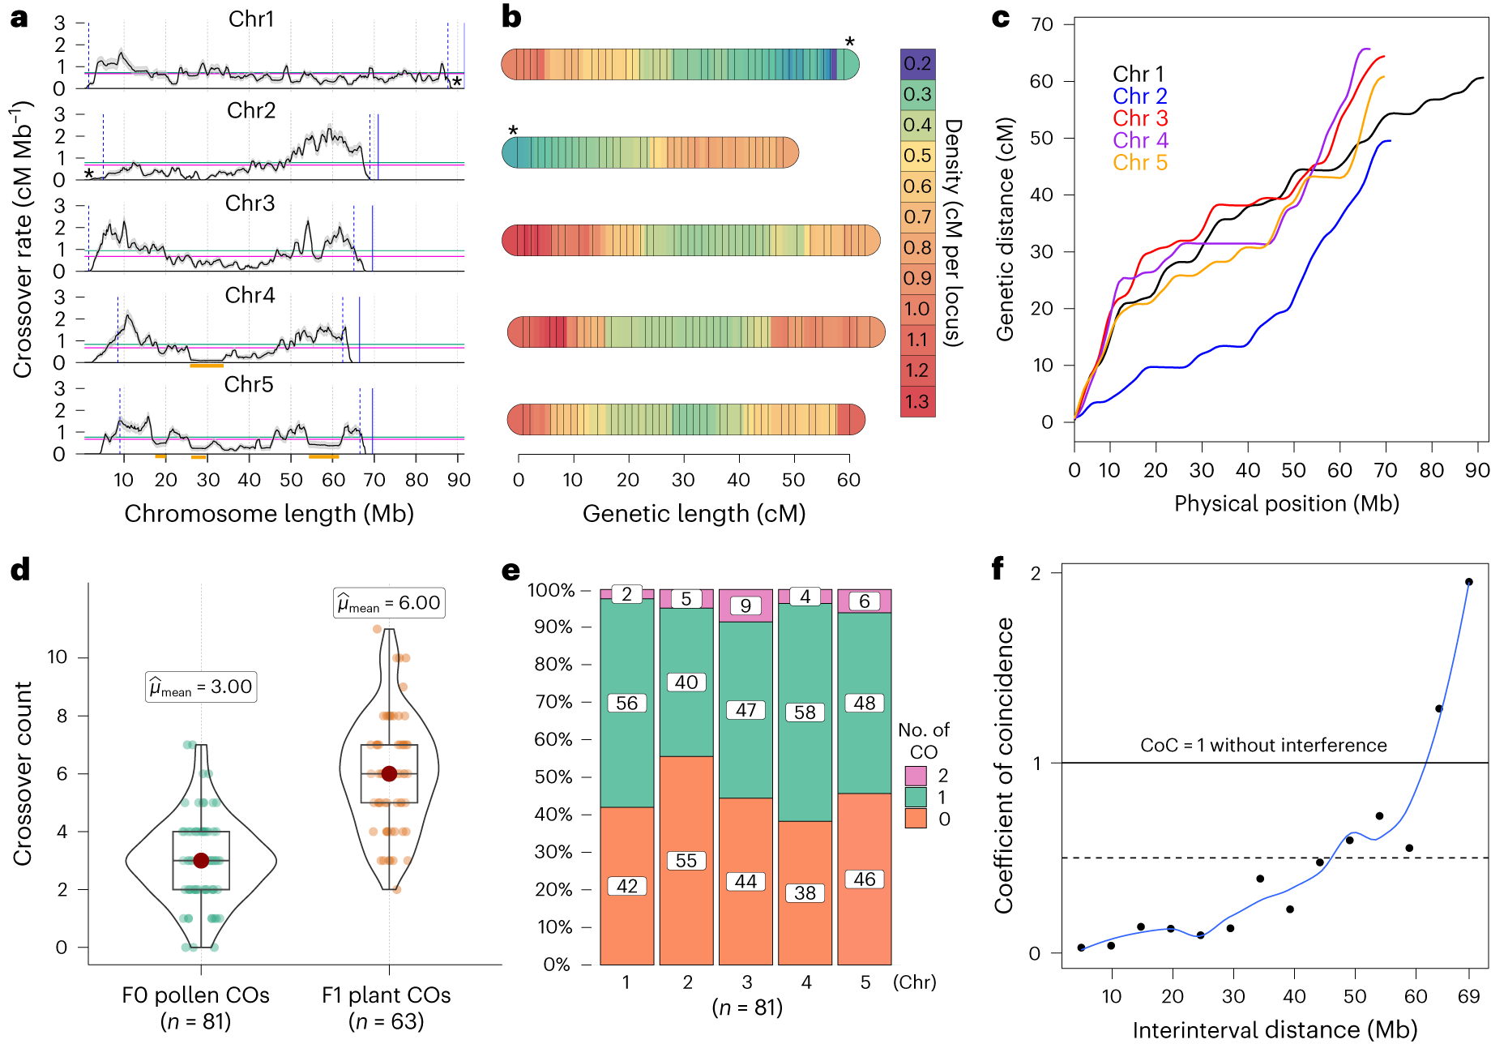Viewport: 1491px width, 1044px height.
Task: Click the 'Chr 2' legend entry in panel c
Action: click(1139, 96)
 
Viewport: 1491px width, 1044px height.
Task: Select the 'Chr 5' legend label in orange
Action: click(1139, 163)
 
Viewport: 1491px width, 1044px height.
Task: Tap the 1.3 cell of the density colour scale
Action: click(917, 402)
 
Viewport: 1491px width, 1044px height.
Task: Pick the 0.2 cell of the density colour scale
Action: click(917, 64)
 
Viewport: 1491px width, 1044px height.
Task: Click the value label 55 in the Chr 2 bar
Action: click(686, 861)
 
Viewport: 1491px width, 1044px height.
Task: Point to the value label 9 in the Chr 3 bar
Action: click(745, 605)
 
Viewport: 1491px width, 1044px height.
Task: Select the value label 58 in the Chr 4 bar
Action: click(805, 712)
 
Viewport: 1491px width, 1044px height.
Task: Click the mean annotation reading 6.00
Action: click(389, 603)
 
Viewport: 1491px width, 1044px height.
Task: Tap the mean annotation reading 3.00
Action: click(201, 687)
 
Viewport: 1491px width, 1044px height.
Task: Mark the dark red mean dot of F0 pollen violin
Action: click(201, 861)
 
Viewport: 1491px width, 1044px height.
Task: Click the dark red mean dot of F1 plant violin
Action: click(389, 773)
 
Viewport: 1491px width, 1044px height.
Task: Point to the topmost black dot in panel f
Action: click(1468, 582)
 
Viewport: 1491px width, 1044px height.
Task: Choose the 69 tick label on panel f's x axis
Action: click(1468, 996)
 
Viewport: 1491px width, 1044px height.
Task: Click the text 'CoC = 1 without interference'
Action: click(1263, 746)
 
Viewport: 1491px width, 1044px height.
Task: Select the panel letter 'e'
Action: click(511, 571)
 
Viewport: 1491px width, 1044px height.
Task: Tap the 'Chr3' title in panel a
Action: click(250, 203)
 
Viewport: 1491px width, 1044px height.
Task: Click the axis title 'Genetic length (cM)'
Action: click(694, 514)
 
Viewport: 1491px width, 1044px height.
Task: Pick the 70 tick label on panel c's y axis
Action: click(1041, 25)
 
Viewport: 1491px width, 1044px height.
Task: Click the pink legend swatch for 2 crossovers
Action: click(916, 776)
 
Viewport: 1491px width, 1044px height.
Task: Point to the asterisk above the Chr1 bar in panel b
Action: click(849, 42)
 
